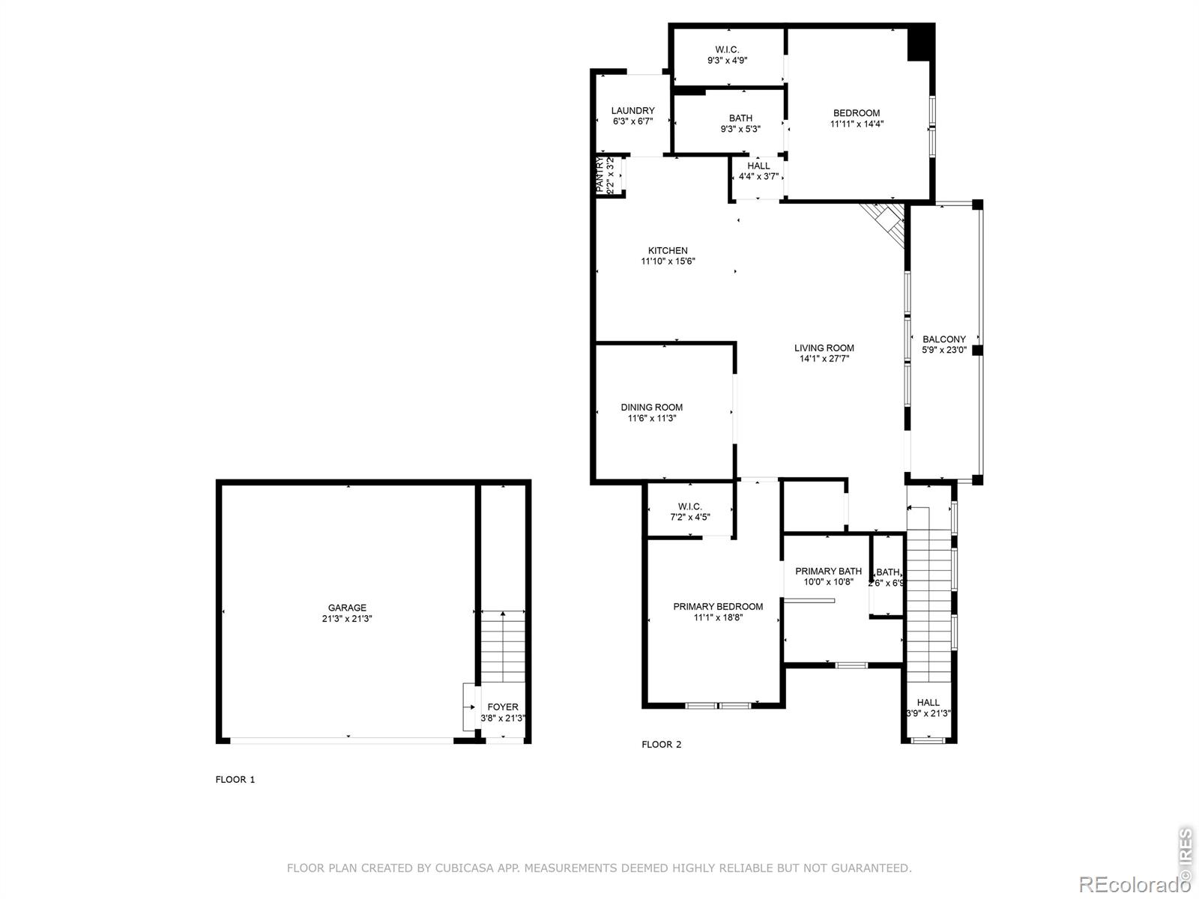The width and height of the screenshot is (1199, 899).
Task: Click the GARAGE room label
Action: (x=347, y=608)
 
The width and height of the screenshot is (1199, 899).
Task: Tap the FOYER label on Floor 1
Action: (x=503, y=706)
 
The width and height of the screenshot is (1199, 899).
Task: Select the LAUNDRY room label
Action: (x=632, y=110)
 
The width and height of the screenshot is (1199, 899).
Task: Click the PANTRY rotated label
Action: (x=600, y=175)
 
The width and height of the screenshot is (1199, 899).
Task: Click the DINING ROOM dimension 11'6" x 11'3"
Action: (x=652, y=419)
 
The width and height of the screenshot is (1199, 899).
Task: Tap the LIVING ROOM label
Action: (x=824, y=348)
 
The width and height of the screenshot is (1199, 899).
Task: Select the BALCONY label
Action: (x=944, y=339)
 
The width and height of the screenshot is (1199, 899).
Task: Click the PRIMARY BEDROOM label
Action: (x=718, y=606)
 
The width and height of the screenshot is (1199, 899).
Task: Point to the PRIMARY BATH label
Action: (x=828, y=571)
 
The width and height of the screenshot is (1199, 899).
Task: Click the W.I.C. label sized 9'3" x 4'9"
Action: (x=727, y=49)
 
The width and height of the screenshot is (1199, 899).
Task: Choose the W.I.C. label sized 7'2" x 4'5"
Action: (x=689, y=506)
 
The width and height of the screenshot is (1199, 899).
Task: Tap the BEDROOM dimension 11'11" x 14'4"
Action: (x=857, y=124)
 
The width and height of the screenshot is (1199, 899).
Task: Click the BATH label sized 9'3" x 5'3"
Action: (x=740, y=118)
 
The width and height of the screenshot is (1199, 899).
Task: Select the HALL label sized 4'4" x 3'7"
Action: (x=758, y=166)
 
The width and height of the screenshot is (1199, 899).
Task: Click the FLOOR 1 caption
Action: (x=235, y=779)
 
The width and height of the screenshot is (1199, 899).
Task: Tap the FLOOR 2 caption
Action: (x=662, y=744)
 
